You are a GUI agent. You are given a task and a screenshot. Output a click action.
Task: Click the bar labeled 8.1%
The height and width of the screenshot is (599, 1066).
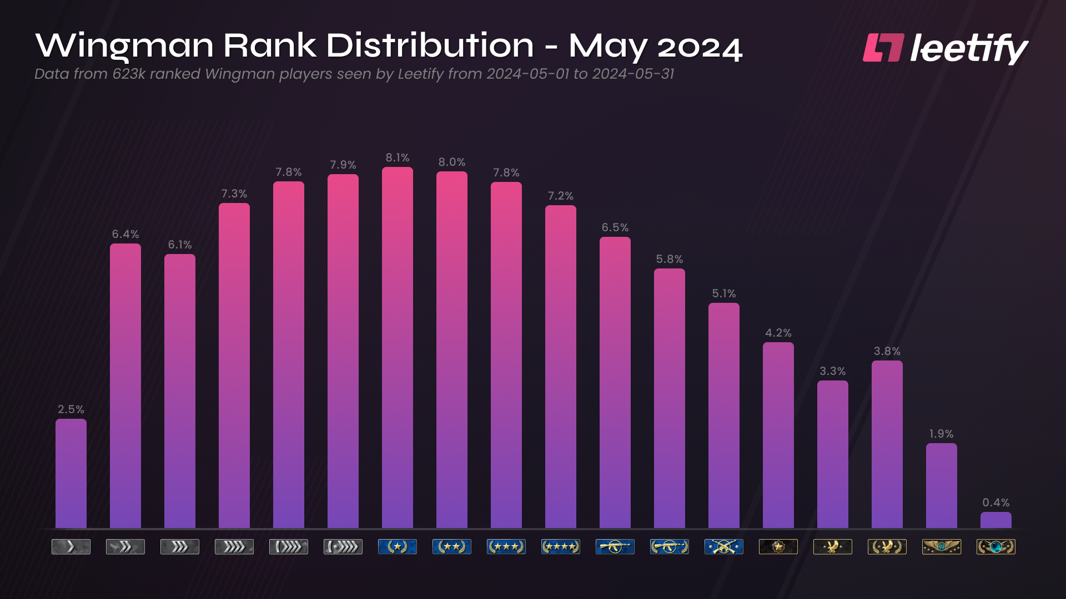(398, 347)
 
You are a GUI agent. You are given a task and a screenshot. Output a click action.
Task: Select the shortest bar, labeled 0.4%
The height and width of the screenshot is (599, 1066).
(995, 520)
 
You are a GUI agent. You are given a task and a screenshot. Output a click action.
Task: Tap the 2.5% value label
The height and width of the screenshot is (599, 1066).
(71, 409)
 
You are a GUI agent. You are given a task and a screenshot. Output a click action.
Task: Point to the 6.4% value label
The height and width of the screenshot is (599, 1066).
(125, 234)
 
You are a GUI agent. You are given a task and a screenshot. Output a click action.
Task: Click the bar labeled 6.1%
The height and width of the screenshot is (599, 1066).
(180, 391)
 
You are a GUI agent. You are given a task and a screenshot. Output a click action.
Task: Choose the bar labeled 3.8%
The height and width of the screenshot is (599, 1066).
(887, 444)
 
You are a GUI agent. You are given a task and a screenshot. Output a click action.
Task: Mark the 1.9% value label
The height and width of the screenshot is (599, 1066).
(941, 434)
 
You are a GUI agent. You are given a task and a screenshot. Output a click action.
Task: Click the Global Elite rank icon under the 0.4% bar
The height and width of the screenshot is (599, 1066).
(995, 547)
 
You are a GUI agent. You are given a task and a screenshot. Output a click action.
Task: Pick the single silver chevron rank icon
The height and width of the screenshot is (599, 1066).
(71, 547)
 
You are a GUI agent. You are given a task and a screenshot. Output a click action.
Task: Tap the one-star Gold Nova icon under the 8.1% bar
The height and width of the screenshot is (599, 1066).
(398, 547)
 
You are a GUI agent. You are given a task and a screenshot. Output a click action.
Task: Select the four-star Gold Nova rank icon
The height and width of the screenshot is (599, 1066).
(561, 547)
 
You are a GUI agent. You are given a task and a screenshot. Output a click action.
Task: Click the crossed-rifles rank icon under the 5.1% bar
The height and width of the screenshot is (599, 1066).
(723, 547)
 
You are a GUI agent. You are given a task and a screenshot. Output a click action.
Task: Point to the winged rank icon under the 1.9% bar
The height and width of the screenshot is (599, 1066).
(941, 547)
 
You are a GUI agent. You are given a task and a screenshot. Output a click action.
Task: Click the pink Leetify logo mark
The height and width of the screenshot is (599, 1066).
(883, 48)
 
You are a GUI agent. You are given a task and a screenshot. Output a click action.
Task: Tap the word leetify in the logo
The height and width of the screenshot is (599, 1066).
(968, 49)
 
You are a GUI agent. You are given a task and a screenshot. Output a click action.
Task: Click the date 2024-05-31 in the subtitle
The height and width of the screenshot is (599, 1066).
(632, 74)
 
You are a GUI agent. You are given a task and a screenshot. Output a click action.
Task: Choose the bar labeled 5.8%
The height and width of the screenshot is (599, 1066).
(669, 398)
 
